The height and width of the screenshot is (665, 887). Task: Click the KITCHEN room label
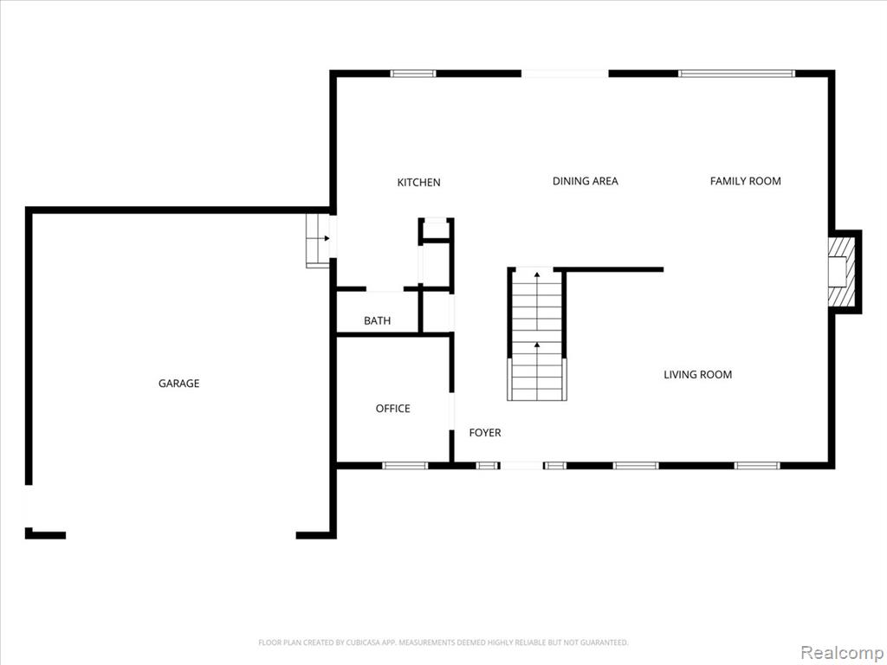[418, 182]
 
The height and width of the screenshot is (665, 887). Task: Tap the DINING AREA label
[585, 181]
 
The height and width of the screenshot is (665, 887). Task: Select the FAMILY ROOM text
[745, 181]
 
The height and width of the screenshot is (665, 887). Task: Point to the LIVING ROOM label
[697, 374]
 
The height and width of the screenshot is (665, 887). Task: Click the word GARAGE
[178, 384]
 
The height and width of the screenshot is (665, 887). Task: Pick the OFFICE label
[392, 409]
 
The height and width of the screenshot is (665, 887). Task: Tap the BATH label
[377, 320]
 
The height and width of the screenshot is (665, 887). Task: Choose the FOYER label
[485, 433]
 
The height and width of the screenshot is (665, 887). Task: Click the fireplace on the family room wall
[841, 271]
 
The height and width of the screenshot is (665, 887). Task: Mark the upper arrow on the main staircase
[536, 274]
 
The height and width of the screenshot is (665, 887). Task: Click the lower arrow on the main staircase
[536, 345]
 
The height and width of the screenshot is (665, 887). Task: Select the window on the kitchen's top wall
[413, 74]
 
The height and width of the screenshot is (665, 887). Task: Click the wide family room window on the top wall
[736, 74]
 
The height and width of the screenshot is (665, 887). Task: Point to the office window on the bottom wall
[405, 466]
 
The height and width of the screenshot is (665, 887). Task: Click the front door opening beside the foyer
[521, 466]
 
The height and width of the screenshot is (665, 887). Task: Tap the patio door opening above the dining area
[565, 74]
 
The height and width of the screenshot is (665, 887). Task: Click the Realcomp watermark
[841, 652]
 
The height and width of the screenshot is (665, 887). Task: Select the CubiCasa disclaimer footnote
[443, 642]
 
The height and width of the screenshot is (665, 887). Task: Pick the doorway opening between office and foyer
[451, 411]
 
